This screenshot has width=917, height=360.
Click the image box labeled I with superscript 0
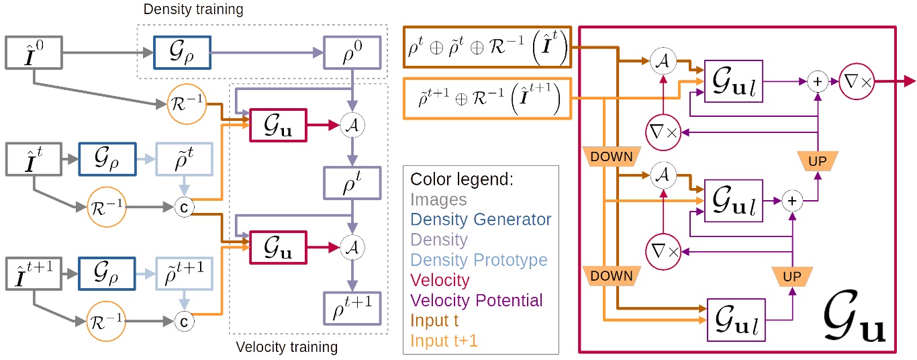[x=34, y=52]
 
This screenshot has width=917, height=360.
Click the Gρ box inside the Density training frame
[x=182, y=52]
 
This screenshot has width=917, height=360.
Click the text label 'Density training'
[x=193, y=10]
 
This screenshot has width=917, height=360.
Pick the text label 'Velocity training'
[x=286, y=348]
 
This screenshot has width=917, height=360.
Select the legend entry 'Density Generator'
[x=481, y=219]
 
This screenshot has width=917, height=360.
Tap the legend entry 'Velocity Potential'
[x=476, y=300]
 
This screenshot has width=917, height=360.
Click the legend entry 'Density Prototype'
[x=479, y=259]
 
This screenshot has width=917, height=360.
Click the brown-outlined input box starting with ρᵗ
[x=487, y=48]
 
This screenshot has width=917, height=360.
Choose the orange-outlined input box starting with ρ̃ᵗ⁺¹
[x=487, y=99]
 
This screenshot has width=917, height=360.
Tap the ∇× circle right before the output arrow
[x=856, y=81]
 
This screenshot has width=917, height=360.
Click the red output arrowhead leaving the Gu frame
[x=909, y=81]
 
